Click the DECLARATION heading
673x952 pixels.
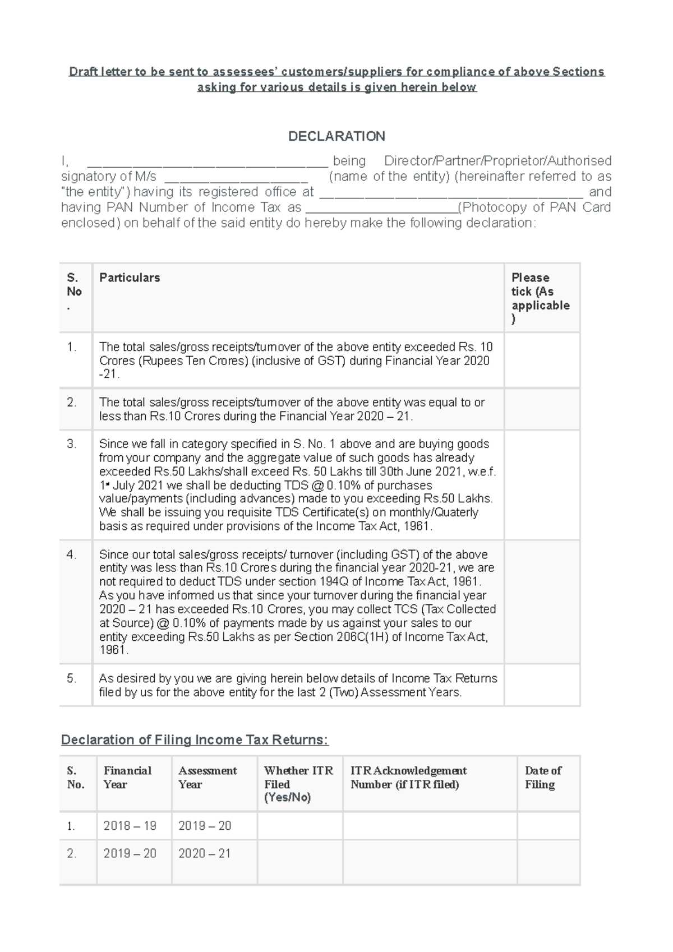(336, 136)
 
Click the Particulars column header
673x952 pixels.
(130, 278)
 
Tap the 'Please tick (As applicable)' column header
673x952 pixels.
(540, 298)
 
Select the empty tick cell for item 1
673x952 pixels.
(541, 360)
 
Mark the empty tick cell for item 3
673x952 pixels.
(541, 485)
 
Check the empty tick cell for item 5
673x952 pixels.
(541, 685)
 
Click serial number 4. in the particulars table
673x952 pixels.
(71, 554)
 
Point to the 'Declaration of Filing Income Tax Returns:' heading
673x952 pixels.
(195, 740)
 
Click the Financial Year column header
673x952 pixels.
(127, 778)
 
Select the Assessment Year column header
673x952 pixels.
(208, 778)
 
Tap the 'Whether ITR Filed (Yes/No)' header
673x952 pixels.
(298, 784)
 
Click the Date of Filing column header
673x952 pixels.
(542, 778)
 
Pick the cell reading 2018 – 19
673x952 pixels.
(130, 826)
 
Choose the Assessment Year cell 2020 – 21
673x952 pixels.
(204, 853)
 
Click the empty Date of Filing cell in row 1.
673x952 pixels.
(548, 826)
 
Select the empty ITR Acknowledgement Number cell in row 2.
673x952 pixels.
(430, 862)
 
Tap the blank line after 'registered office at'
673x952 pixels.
(451, 195)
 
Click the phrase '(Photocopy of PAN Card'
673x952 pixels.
(534, 207)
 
